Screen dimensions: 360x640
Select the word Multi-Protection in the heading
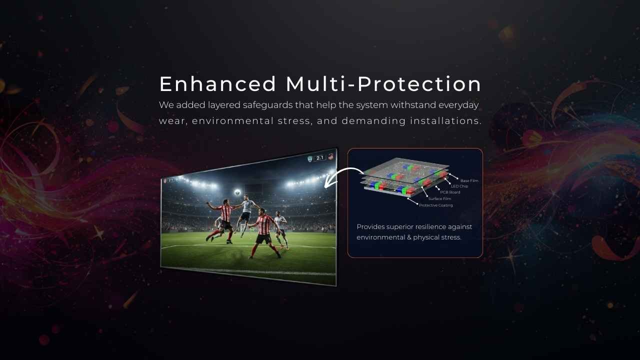[x=383, y=84]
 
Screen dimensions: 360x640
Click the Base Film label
[x=469, y=180]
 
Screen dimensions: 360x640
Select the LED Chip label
[x=459, y=186]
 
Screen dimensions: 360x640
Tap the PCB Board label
[x=450, y=192]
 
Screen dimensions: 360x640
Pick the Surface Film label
[x=439, y=199]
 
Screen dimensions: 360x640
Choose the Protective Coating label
[x=435, y=205]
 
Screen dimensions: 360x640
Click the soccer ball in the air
[x=237, y=191]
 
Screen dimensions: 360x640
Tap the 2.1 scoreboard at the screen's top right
[x=320, y=158]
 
